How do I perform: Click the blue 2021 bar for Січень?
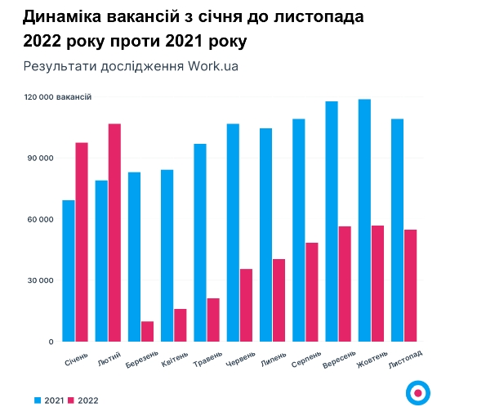(69, 271)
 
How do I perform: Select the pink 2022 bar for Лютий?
(114, 232)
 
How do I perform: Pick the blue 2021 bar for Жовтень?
(364, 220)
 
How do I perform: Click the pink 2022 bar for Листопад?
(410, 285)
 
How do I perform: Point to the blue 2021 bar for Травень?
(200, 242)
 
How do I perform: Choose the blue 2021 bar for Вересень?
(332, 221)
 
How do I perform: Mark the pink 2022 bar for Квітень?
(181, 324)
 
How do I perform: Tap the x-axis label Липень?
(274, 360)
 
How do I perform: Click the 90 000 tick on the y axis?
(38, 158)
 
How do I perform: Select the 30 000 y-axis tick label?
(38, 280)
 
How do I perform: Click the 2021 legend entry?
(48, 400)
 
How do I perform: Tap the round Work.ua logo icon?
(418, 393)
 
